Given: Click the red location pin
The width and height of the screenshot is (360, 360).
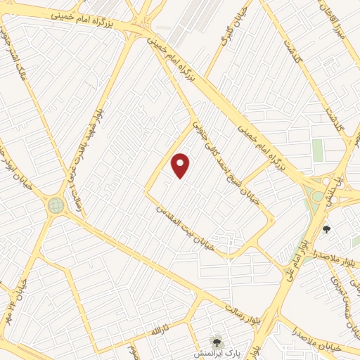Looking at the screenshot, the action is click(181, 165).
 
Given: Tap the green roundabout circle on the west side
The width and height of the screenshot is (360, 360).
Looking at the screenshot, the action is click(56, 205).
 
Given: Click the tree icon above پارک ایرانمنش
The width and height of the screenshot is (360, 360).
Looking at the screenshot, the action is click(217, 339).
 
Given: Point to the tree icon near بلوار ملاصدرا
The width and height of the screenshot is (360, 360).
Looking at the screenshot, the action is click(326, 229).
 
